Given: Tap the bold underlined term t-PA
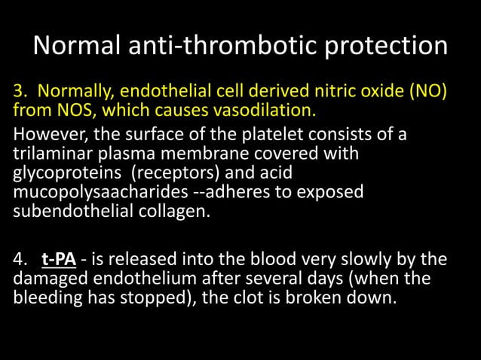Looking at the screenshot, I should pos(57,261).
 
